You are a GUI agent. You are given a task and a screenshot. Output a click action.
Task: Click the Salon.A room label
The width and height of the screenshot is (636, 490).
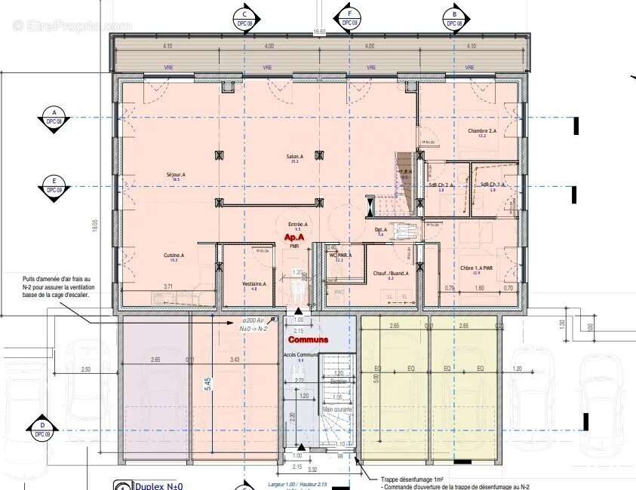pos(293,157)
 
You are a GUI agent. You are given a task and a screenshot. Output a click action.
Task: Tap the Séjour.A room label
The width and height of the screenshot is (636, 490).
pos(176,175)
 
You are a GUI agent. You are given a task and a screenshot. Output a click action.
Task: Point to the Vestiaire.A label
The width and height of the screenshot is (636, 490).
pos(248,283)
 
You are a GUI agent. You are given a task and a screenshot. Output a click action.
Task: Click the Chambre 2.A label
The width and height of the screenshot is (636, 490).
pos(481,130)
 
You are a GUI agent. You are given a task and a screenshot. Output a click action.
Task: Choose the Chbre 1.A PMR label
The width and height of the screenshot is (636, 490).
pos(476,268)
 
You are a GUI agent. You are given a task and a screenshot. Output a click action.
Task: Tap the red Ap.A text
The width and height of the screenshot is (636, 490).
pos(293,237)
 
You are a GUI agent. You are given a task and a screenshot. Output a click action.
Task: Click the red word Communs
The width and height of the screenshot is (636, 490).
pos(308,340)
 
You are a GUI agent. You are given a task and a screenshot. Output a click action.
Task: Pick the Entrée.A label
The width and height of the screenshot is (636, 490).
pos(298,224)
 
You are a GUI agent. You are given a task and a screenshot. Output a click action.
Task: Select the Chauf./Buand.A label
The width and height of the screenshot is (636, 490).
pos(390,274)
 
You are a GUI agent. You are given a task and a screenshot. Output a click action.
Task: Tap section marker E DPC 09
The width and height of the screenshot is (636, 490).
pos(54,185)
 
